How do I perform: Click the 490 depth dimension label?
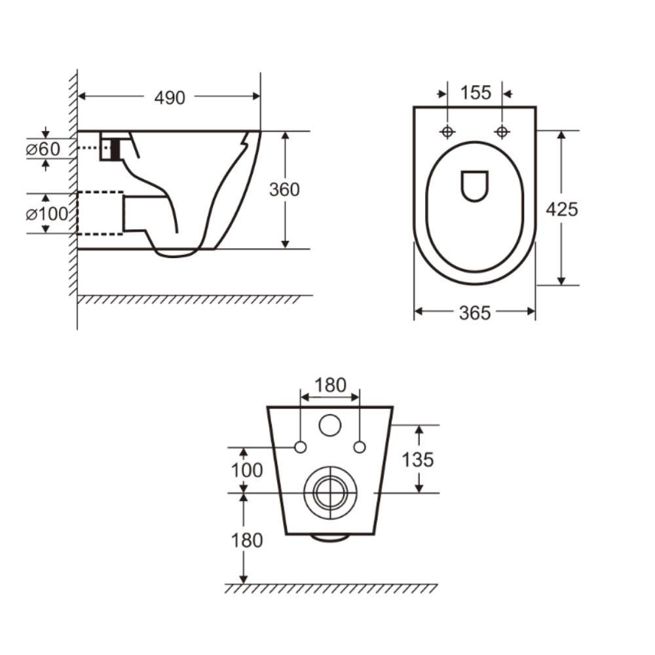tap(170, 98)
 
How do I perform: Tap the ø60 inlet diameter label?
tap(43, 149)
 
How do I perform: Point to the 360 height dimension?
tap(284, 189)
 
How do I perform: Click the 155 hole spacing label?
tap(475, 93)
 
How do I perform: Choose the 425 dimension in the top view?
tap(563, 209)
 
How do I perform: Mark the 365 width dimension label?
tap(474, 314)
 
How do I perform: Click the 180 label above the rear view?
tap(329, 386)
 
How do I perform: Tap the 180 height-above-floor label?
tap(246, 540)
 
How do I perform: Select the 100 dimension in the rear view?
tap(246, 470)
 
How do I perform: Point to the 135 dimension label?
tap(417, 460)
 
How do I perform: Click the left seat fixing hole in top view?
tap(447, 132)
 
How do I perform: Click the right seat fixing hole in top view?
tap(502, 132)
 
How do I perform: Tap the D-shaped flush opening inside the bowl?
tap(475, 186)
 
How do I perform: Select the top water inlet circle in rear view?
tap(330, 426)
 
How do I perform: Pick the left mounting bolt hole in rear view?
tap(301, 447)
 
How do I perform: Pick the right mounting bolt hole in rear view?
tap(359, 447)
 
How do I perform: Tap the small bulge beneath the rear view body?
tap(330, 538)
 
